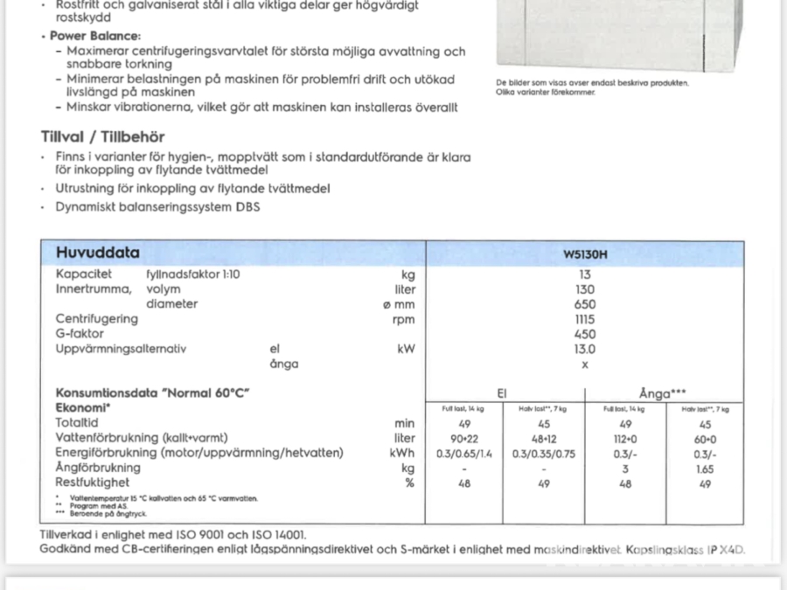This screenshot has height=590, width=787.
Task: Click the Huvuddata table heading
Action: point(97,253)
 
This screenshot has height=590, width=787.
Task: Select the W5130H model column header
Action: point(585,255)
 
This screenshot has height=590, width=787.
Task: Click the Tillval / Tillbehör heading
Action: point(102,137)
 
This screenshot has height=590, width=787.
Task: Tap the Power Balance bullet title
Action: point(94,36)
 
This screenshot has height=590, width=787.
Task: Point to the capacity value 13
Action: point(585,274)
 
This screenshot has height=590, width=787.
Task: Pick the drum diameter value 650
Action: point(585,304)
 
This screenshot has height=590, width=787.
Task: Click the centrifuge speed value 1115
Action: point(585,319)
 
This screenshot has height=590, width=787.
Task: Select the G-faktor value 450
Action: point(585,334)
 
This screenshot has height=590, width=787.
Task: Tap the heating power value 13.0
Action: point(585,349)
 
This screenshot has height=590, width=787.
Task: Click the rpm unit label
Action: point(404,319)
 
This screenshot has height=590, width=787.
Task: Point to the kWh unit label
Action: point(403,453)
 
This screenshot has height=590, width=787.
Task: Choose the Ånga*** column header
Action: point(662,394)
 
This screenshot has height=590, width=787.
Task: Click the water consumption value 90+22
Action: point(464,439)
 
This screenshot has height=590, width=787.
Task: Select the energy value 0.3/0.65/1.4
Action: point(464,454)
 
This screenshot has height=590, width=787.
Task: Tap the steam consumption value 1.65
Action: point(705,469)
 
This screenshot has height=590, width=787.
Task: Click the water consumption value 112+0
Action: point(624,439)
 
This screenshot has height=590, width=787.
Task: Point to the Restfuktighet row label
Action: point(92,482)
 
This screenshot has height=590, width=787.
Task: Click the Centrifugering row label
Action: point(97,319)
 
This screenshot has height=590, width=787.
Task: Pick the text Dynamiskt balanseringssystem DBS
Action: point(157,207)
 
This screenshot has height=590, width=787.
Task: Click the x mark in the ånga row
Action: point(585,364)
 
